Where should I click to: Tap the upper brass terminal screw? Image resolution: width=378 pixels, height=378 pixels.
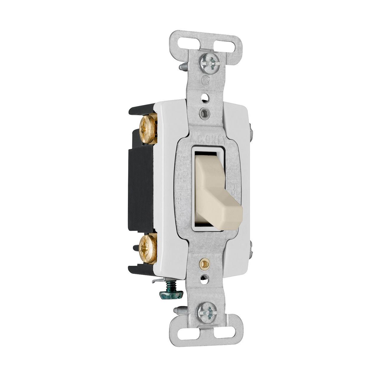148,129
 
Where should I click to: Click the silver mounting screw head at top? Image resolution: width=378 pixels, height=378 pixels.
209,63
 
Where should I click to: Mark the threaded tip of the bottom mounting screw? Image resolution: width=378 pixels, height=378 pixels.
179,310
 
